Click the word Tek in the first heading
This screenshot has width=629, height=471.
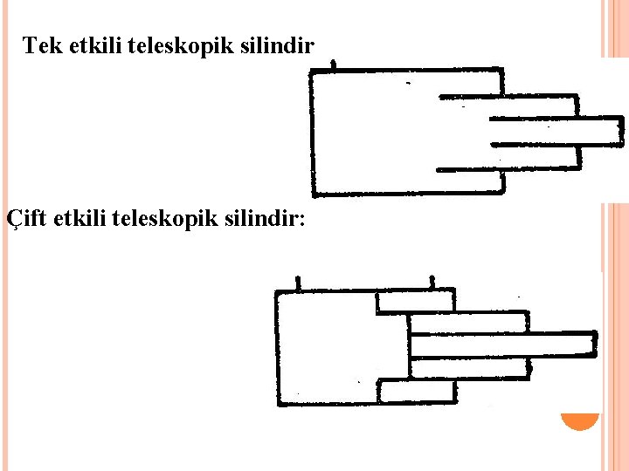(38, 45)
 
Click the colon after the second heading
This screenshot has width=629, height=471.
(302, 220)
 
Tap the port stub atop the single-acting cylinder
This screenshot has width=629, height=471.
(333, 65)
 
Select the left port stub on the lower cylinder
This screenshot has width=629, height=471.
(299, 283)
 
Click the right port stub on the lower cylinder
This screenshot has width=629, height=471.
(432, 283)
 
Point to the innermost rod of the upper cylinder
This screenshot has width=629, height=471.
(555, 132)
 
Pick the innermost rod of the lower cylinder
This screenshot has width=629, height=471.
(502, 345)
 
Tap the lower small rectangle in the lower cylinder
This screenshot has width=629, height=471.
(417, 392)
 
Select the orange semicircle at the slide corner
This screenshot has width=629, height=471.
(580, 422)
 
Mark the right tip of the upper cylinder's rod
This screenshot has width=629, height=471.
(620, 132)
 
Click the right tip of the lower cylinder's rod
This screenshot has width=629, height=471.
(596, 344)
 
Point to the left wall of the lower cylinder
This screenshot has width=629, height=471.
(277, 349)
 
